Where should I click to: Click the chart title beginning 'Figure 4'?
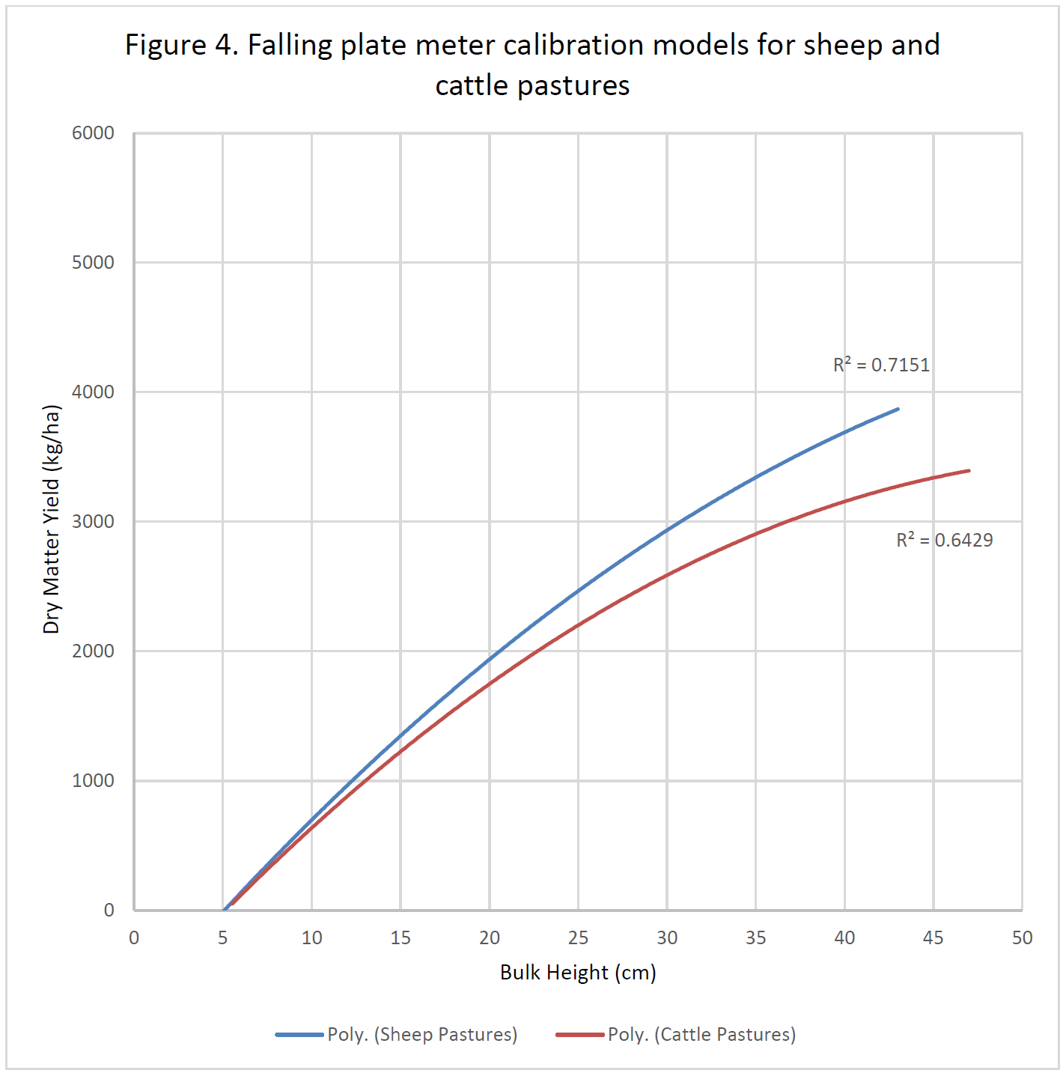pos(532,65)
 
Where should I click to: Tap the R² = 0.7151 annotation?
pos(881,365)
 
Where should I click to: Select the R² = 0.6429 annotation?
pos(944,540)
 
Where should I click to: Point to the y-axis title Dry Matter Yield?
pos(51,520)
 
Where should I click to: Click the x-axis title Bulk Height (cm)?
pos(578,972)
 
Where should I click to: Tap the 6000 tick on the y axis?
pos(93,133)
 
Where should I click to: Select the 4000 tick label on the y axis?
pos(93,392)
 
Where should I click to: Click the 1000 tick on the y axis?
pos(93,780)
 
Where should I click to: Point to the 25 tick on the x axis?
pos(578,937)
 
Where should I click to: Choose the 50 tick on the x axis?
pos(1022,937)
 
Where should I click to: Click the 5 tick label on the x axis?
pos(222,937)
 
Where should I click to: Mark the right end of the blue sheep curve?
pos(898,410)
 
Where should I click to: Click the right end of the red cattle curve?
pos(969,471)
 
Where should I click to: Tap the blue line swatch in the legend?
pos(299,1035)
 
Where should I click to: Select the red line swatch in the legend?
pos(580,1035)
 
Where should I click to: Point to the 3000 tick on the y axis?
pos(93,521)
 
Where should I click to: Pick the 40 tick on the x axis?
pos(844,937)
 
